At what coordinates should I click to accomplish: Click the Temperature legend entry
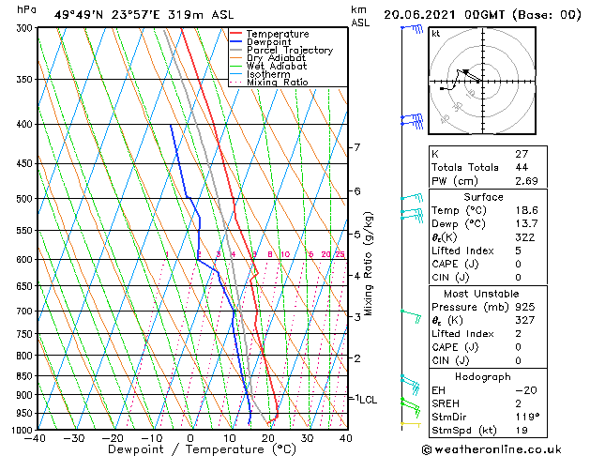click(x=277, y=34)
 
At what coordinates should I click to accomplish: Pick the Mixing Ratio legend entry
click(x=277, y=83)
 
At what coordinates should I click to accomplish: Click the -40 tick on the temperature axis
click(x=36, y=438)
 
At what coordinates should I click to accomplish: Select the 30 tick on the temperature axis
click(x=307, y=438)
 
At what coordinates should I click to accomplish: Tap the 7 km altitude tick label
click(x=356, y=147)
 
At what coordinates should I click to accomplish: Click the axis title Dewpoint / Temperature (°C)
click(x=190, y=449)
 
